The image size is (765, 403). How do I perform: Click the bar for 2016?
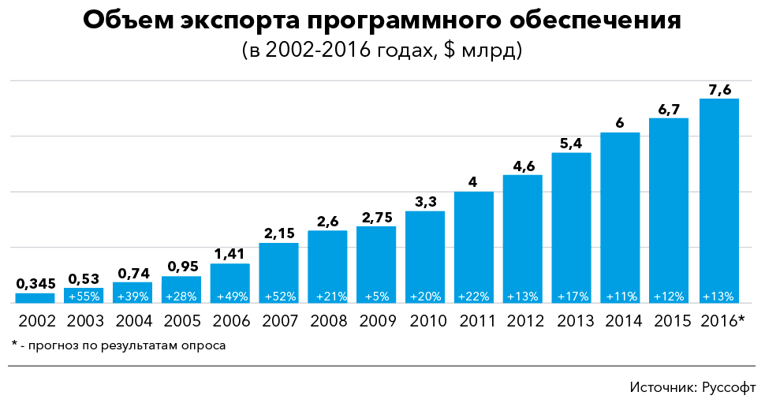(x=718, y=197)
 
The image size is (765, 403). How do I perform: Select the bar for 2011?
(x=474, y=244)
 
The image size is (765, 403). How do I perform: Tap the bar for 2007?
(x=278, y=268)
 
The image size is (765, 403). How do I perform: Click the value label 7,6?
(x=718, y=90)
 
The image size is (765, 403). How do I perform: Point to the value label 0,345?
(x=35, y=284)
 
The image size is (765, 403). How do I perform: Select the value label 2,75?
(x=376, y=218)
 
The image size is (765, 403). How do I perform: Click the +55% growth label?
(x=84, y=297)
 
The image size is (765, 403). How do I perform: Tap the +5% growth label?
(x=376, y=297)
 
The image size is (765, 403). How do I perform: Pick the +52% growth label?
(x=278, y=297)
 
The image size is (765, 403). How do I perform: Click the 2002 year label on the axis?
(x=35, y=321)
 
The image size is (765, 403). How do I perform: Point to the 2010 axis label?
(x=425, y=321)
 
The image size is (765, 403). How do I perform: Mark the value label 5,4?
(x=571, y=144)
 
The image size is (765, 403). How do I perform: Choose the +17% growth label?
(x=571, y=297)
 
